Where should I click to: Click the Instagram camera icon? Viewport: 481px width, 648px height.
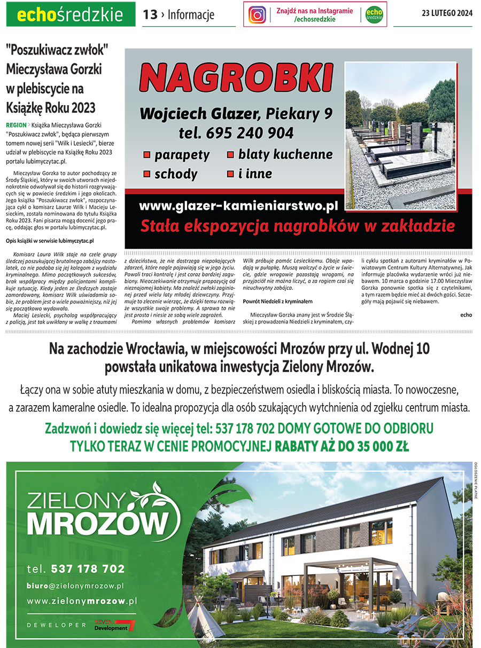[x=257, y=15]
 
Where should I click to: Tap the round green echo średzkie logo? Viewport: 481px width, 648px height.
[x=374, y=15]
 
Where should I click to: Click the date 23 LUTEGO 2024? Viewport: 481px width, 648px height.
[x=447, y=14]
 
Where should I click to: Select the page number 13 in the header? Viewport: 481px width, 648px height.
[x=150, y=15]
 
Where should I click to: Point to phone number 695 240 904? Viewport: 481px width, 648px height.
[x=250, y=132]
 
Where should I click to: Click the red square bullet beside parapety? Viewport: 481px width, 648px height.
[x=146, y=155]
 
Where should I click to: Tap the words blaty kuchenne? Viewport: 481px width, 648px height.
[x=285, y=155]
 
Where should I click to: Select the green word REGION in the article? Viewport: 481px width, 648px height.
[x=16, y=124]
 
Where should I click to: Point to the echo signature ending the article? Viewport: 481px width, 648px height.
[x=466, y=315]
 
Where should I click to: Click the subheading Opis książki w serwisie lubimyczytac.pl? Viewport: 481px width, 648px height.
[x=50, y=241]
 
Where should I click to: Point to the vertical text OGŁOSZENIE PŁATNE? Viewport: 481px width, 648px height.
[x=475, y=480]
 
